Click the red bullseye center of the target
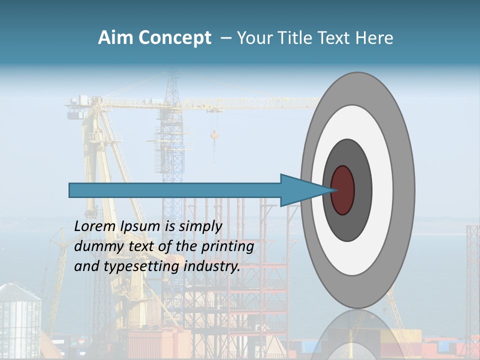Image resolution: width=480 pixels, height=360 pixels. tap(343, 190)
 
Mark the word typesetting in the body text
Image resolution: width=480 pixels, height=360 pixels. tap(142, 266)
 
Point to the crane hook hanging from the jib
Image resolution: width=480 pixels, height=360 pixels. tap(214, 135)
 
